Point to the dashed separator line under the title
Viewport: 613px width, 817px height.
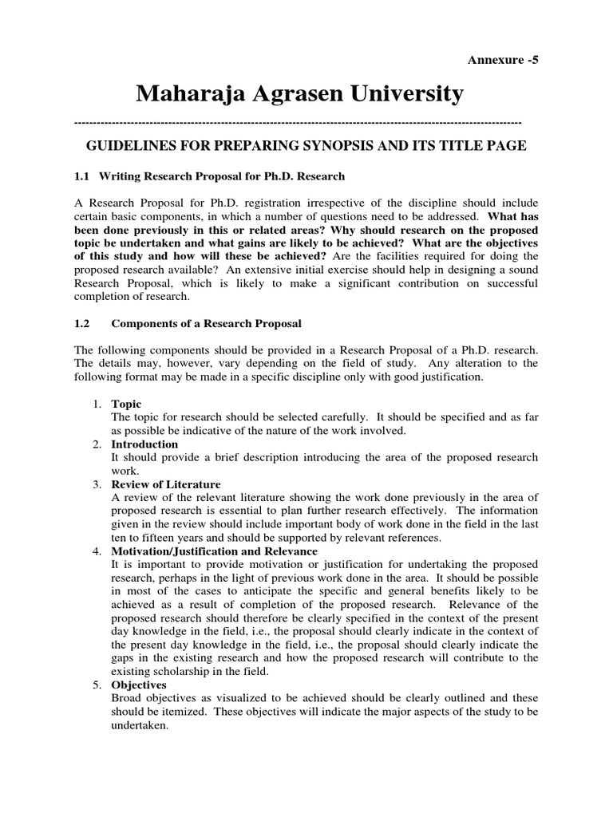297,122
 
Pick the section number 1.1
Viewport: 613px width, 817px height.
82,176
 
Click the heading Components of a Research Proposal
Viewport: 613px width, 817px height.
206,323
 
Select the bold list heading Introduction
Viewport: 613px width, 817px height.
144,444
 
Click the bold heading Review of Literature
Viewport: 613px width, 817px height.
166,483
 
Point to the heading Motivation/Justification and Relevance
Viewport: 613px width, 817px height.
214,551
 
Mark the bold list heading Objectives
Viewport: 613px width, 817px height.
139,685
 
